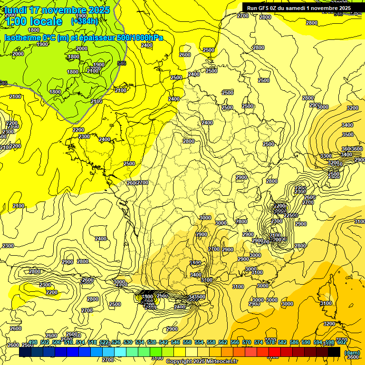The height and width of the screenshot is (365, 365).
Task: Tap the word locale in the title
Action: tap(46, 21)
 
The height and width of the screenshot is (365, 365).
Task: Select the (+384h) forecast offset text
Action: tap(85, 21)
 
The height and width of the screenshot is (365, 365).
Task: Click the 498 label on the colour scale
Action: tap(33, 342)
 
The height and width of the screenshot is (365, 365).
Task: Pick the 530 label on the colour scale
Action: tap(128, 342)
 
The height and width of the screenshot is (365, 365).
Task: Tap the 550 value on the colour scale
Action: tap(187, 342)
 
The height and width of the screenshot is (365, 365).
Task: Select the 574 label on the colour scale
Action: tap(259, 342)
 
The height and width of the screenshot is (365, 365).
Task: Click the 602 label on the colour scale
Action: tap(341, 342)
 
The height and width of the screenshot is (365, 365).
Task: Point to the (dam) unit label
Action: tap(352, 353)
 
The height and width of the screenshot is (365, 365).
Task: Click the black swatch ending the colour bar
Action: tap(334, 352)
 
